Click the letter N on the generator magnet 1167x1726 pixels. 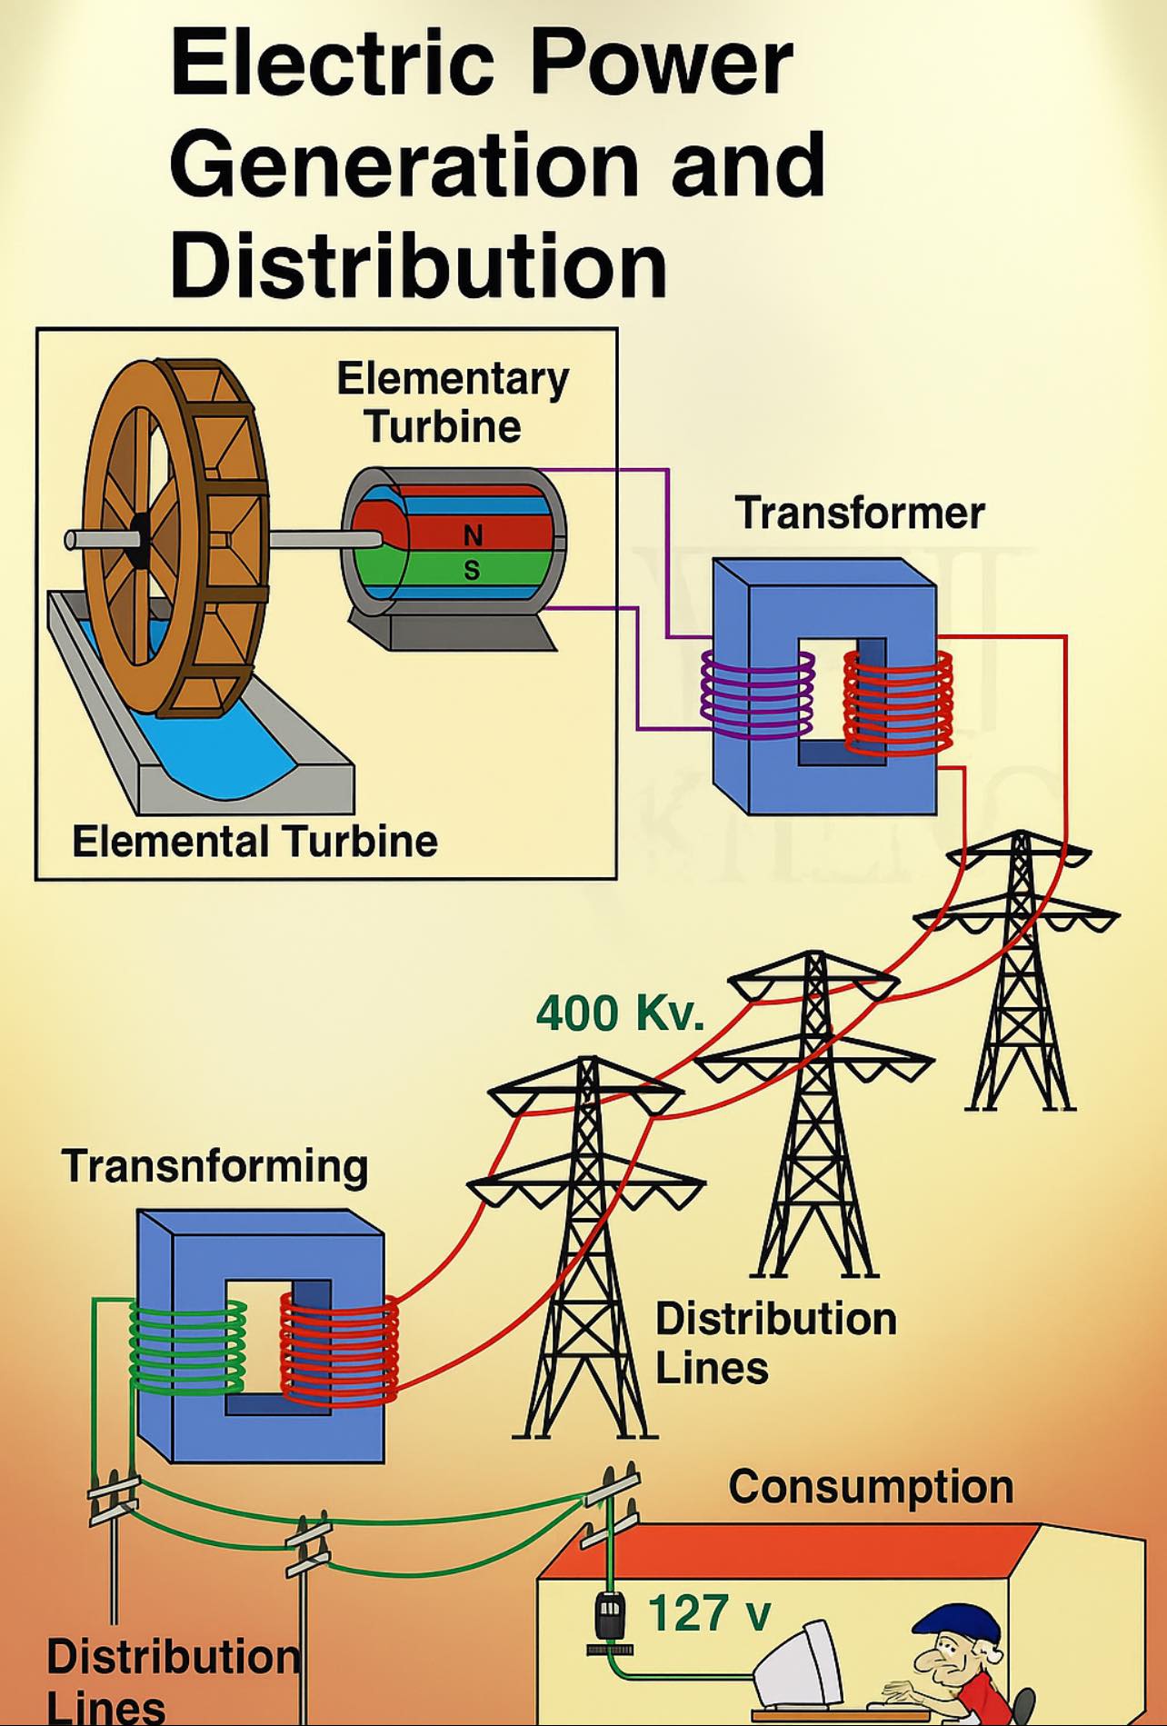click(x=473, y=535)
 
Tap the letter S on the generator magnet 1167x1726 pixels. click(x=472, y=570)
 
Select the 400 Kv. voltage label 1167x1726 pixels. click(x=620, y=1013)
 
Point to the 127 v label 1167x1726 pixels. click(x=709, y=1612)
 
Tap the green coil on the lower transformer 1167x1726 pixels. click(x=187, y=1348)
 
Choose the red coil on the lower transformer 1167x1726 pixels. click(x=338, y=1349)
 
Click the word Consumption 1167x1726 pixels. click(x=871, y=1487)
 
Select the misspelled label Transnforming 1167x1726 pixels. click(x=214, y=1166)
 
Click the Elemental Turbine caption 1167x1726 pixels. click(x=254, y=841)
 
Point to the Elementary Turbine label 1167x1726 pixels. click(x=453, y=402)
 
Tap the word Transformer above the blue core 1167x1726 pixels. click(x=859, y=513)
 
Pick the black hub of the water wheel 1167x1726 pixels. click(x=139, y=539)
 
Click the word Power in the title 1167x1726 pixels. click(x=661, y=64)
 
